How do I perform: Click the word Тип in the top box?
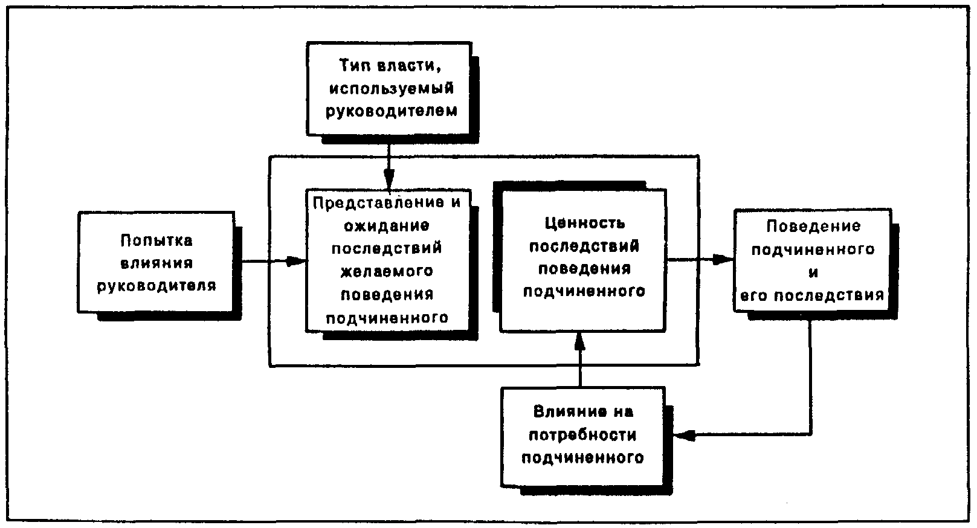pyautogui.click(x=353, y=65)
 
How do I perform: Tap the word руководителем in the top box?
pyautogui.click(x=390, y=112)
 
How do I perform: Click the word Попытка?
pyautogui.click(x=156, y=240)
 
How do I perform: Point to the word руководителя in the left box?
pyautogui.click(x=156, y=286)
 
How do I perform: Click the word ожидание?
pyautogui.click(x=386, y=225)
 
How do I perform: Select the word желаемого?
pyautogui.click(x=387, y=271)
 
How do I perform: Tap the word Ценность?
pyautogui.click(x=584, y=224)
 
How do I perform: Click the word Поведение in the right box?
pyautogui.click(x=813, y=227)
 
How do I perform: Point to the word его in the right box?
pyautogui.click(x=755, y=296)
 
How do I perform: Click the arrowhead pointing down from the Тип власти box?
pyautogui.click(x=389, y=179)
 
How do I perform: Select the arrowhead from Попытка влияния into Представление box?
pyautogui.click(x=296, y=262)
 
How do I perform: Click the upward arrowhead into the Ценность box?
pyautogui.click(x=580, y=341)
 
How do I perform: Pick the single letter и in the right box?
pyautogui.click(x=813, y=272)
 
